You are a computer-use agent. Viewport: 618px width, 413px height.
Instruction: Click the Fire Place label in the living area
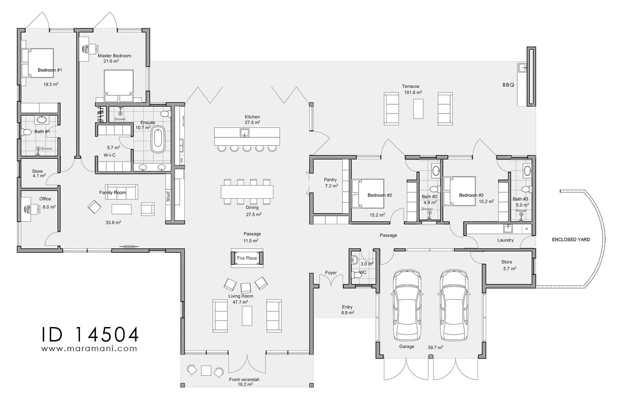247,258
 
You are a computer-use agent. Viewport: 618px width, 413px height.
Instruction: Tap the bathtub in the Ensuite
158,140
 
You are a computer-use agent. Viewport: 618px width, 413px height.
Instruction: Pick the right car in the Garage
454,304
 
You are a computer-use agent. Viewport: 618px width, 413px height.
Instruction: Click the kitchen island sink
244,132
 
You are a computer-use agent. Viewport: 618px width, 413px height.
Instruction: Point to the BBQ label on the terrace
508,85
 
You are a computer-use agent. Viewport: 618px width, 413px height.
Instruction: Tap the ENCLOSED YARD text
571,240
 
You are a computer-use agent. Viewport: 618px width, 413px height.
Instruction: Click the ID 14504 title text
90,334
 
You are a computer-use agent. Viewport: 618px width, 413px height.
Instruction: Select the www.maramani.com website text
89,348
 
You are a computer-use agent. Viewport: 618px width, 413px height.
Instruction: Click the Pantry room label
330,180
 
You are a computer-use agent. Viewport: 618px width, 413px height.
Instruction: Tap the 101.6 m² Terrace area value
413,92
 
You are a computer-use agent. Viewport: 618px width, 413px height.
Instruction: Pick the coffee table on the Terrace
418,109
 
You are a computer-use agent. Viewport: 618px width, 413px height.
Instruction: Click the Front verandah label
244,380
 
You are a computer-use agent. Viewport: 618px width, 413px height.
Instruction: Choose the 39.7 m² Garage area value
435,347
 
